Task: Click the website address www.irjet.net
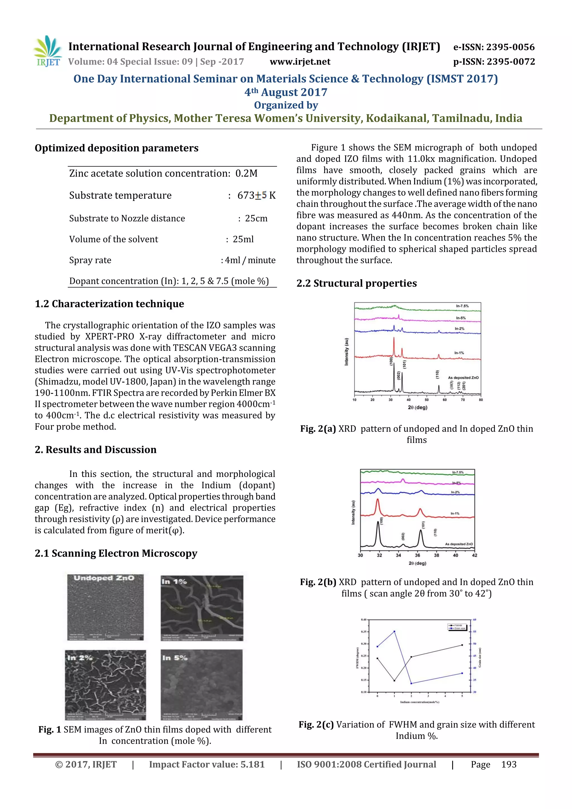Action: pyautogui.click(x=300, y=62)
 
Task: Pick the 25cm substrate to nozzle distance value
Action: pyautogui.click(x=256, y=218)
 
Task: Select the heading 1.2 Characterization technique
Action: pyautogui.click(x=109, y=304)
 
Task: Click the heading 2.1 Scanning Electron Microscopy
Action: pyautogui.click(x=116, y=553)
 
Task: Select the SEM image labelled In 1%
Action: pyautogui.click(x=202, y=608)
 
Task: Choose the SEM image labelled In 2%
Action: pyautogui.click(x=105, y=685)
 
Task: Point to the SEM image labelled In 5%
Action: pyautogui.click(x=202, y=685)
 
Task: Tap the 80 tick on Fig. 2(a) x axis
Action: pyautogui.click(x=481, y=400)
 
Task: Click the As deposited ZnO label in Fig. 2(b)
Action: pyautogui.click(x=459, y=544)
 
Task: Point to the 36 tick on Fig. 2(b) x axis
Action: pyautogui.click(x=417, y=555)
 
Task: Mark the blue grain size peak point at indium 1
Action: pyautogui.click(x=394, y=631)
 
